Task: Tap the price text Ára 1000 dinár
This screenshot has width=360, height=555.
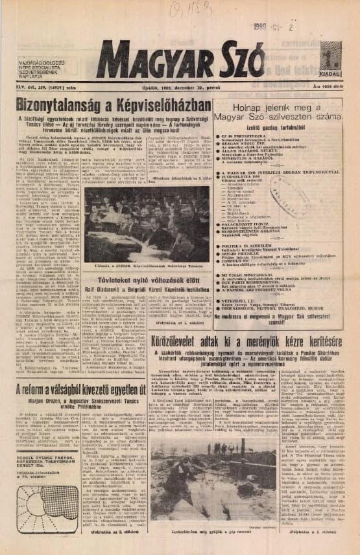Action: coord(325,88)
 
